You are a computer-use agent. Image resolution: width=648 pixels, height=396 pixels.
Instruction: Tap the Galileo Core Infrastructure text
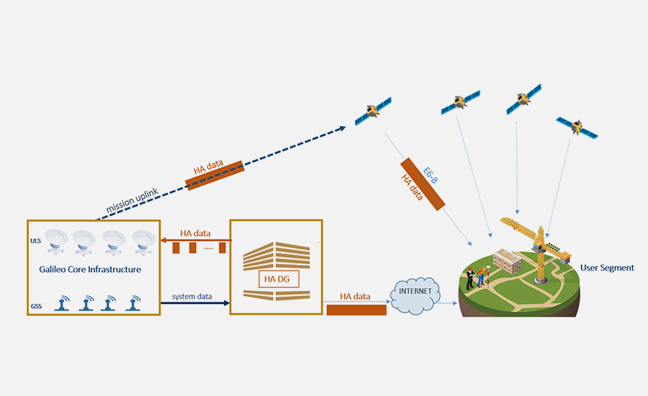point(90,269)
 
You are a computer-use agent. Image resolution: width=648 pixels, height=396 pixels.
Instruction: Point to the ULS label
point(35,242)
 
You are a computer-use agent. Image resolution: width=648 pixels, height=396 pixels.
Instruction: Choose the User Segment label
point(607,268)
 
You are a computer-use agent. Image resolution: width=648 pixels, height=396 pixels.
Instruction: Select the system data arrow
point(193,304)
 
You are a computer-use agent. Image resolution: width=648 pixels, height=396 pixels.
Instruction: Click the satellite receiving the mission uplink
point(372,110)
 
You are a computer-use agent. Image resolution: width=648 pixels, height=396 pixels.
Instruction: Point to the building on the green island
point(507,260)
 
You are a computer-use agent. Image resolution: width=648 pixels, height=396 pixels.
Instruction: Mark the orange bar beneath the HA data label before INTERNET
point(356,310)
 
